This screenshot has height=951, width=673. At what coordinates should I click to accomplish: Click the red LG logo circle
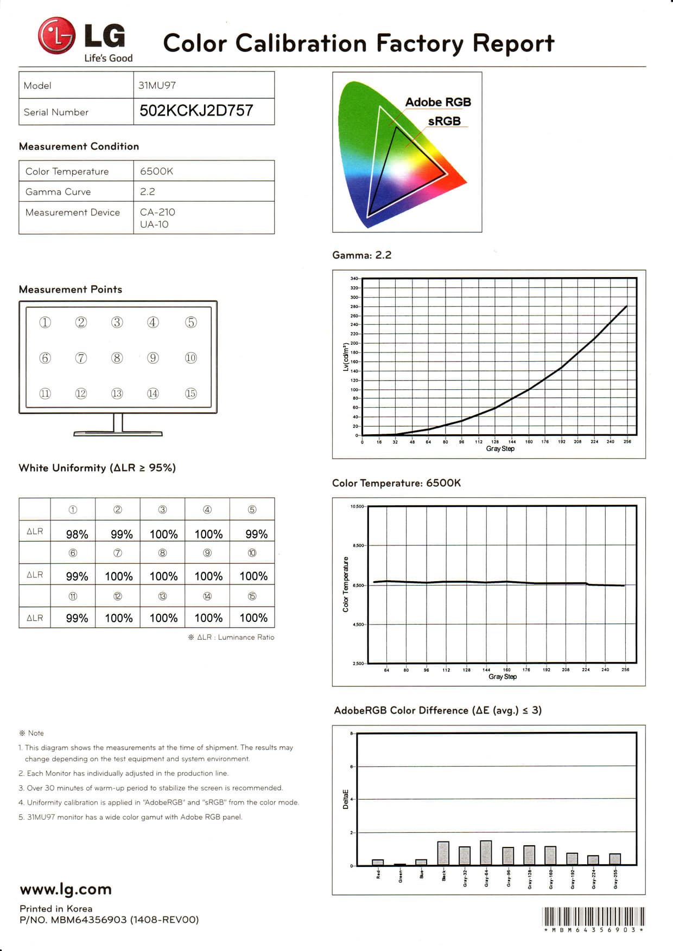tap(56, 36)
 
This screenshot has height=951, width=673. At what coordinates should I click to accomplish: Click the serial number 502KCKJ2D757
tap(196, 111)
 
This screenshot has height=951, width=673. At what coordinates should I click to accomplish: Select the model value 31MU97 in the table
tap(157, 85)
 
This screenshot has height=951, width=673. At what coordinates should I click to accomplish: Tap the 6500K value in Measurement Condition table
tap(156, 171)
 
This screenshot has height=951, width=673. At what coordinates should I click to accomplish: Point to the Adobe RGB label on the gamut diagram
tap(437, 102)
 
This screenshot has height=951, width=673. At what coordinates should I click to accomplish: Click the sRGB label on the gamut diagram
tap(444, 121)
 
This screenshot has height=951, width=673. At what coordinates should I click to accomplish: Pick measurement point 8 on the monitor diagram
tap(117, 358)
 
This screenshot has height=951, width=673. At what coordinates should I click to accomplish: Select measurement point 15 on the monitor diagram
tap(191, 394)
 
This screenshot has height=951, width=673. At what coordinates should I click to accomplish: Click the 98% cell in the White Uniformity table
tap(77, 534)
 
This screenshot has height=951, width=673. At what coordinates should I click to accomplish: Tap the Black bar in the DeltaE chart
tap(443, 853)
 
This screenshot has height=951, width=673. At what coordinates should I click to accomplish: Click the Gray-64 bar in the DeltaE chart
tap(486, 852)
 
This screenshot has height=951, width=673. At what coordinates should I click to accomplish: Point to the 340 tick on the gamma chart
tap(354, 279)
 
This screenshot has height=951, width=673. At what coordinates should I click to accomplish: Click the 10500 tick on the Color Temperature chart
tap(357, 506)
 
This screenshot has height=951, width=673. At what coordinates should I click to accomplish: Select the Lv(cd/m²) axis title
tap(346, 357)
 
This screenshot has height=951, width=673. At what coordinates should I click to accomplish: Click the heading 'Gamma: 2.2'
tap(361, 255)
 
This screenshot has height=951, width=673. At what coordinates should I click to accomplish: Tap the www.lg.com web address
tap(66, 889)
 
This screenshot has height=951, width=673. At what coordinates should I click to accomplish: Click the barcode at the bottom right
tap(593, 916)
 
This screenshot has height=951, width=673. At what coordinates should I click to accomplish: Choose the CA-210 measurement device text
tap(157, 212)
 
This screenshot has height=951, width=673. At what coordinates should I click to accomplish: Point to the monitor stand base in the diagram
tap(118, 434)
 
